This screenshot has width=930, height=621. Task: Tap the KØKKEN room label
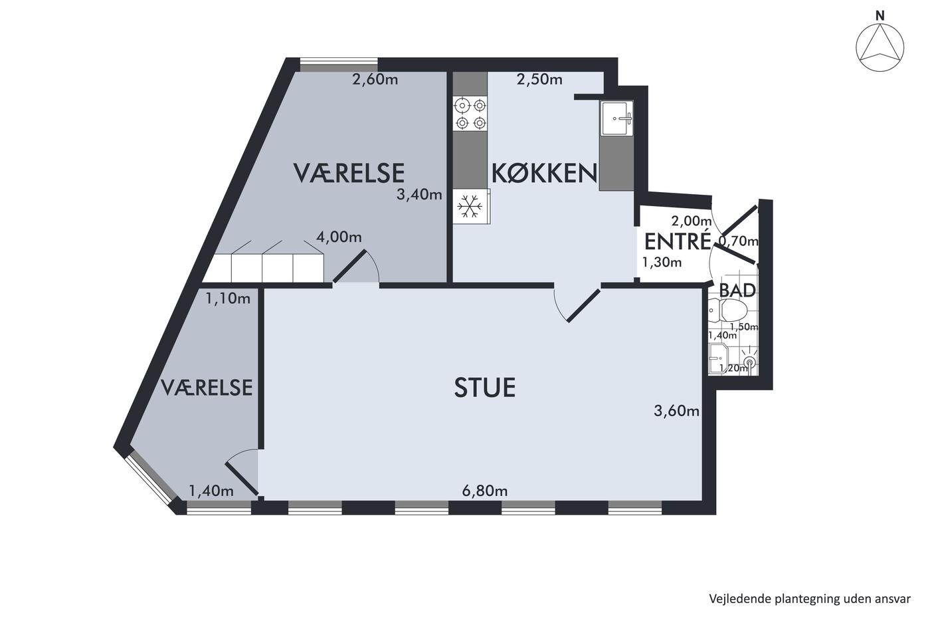(544, 174)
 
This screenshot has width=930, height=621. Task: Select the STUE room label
(484, 388)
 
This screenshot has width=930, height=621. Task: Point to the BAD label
(737, 291)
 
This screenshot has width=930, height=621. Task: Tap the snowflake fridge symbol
(470, 206)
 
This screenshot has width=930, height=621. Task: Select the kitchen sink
(617, 118)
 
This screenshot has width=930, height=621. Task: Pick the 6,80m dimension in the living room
(484, 491)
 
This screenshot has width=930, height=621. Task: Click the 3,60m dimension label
(676, 411)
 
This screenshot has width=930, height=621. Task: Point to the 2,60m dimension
(375, 79)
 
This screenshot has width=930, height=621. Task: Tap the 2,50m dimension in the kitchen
(539, 79)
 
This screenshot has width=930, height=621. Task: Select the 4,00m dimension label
(339, 237)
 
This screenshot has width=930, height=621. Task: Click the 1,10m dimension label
(228, 298)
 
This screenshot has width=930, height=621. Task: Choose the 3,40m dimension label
(419, 194)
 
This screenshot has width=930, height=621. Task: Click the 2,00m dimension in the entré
(692, 221)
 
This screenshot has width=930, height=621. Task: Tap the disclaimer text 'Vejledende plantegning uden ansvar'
(810, 598)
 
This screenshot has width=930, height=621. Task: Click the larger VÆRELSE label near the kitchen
(349, 174)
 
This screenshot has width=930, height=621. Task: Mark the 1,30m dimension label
(662, 262)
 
